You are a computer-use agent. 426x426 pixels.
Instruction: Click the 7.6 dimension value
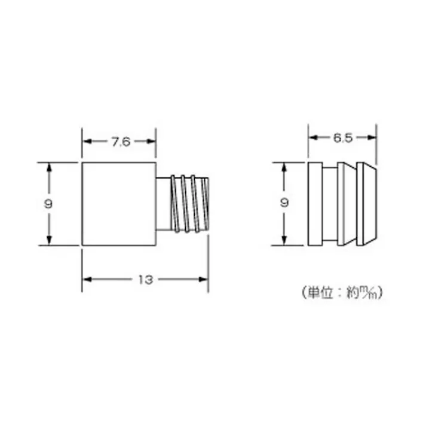(119, 142)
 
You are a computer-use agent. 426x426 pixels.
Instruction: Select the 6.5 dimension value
(343, 138)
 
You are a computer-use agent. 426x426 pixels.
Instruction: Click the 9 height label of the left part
(48, 203)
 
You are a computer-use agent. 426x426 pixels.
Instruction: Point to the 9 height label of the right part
(286, 203)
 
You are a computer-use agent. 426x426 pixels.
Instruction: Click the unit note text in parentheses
(341, 293)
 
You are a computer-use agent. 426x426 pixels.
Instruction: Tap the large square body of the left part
(119, 203)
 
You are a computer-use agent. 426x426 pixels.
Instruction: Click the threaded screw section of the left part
(190, 203)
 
